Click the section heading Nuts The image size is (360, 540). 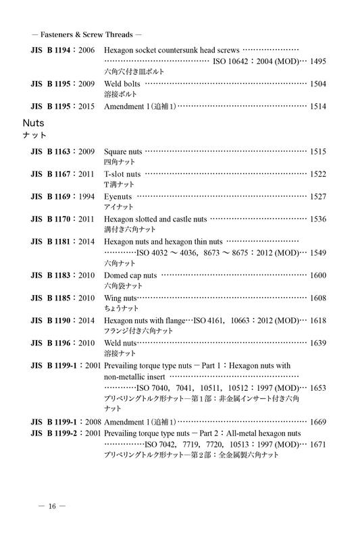33,124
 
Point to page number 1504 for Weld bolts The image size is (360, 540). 317,84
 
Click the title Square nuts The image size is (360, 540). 124,153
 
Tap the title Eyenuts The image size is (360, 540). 118,196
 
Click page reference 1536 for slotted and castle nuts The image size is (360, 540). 317,219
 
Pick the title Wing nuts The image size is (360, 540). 121,298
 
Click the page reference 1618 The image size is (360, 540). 317,320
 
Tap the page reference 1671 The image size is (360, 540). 317,444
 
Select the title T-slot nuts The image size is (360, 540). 122,174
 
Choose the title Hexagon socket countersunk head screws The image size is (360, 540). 172,51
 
